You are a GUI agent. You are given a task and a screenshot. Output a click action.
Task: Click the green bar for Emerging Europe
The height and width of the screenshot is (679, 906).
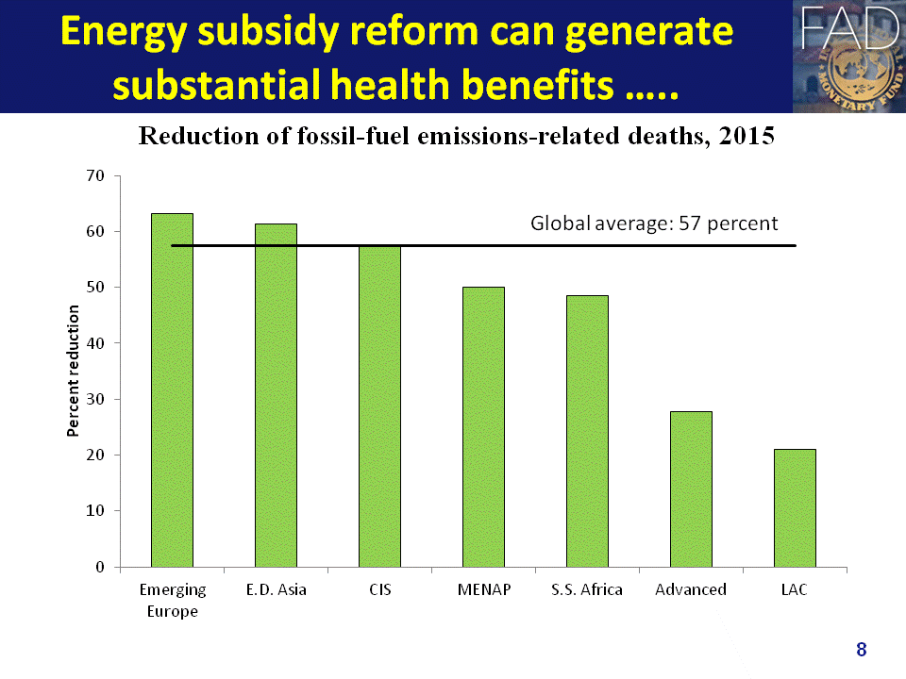pyautogui.click(x=172, y=390)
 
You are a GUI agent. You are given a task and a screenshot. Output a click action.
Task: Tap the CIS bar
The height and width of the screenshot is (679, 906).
pyautogui.click(x=379, y=406)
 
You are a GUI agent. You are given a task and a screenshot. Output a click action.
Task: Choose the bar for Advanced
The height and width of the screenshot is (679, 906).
pyautogui.click(x=691, y=489)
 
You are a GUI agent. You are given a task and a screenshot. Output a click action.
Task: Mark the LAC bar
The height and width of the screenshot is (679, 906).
pyautogui.click(x=795, y=508)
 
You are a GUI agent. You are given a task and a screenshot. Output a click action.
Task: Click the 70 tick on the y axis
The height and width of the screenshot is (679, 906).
pyautogui.click(x=96, y=175)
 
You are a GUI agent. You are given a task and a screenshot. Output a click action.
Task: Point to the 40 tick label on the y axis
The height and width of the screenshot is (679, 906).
pyautogui.click(x=96, y=343)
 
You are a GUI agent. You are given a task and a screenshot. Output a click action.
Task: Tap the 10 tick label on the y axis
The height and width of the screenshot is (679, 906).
pyautogui.click(x=96, y=511)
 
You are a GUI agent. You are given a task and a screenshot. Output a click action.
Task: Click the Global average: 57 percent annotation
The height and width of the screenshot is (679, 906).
pyautogui.click(x=654, y=224)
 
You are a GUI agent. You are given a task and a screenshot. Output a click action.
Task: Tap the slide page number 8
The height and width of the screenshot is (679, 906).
pyautogui.click(x=861, y=649)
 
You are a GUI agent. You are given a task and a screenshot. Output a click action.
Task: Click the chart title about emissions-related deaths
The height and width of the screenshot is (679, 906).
pyautogui.click(x=457, y=137)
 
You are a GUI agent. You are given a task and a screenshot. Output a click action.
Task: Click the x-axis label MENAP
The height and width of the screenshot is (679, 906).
pyautogui.click(x=483, y=590)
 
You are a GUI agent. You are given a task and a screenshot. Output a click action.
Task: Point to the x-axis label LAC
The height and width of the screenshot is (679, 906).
pyautogui.click(x=795, y=590)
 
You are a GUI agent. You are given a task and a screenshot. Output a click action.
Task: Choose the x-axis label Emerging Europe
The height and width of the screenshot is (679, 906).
pyautogui.click(x=172, y=600)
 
